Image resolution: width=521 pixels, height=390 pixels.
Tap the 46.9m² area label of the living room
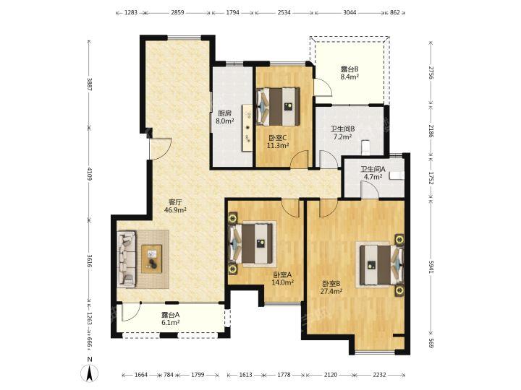[x=175, y=209]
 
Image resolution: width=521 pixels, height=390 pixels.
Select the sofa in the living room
[x=126, y=259]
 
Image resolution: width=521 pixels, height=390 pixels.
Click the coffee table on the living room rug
[x=152, y=259]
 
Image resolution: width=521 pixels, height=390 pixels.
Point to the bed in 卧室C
[x=279, y=106]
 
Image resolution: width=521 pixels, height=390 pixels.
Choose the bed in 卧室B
[x=381, y=264]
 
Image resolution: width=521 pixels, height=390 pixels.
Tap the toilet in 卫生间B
[x=365, y=147]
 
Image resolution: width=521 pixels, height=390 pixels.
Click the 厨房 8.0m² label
[x=224, y=117]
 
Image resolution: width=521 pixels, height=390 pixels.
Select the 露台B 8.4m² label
[x=350, y=73]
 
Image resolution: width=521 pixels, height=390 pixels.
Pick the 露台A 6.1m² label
[x=171, y=318]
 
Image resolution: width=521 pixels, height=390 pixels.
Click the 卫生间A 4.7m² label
[x=373, y=173]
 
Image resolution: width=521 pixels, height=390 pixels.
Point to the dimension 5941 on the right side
[x=431, y=266]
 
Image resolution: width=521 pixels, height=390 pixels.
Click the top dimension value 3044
[x=350, y=12]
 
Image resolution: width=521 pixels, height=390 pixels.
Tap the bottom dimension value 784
[x=169, y=375]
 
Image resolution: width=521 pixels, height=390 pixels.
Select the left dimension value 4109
[x=90, y=173]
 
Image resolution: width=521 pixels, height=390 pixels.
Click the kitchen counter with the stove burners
[x=247, y=128]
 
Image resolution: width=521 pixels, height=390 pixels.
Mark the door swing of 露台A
[x=131, y=313]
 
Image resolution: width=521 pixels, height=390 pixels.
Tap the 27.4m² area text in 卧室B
[x=331, y=292]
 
